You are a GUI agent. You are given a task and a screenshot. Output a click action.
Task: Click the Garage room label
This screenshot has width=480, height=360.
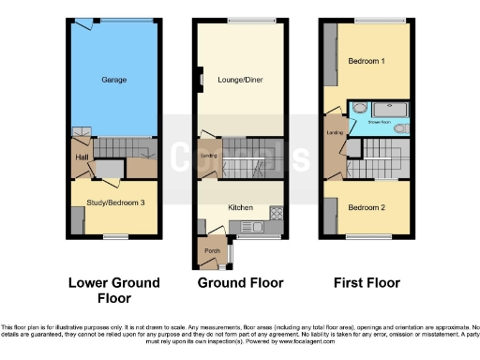point(114,81)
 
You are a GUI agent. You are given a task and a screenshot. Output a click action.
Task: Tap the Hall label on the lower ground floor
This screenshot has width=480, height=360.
point(82,157)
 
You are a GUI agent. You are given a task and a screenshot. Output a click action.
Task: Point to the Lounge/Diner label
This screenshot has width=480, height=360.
point(240,81)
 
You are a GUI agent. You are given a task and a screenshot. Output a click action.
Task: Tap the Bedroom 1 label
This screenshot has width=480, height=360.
point(367,61)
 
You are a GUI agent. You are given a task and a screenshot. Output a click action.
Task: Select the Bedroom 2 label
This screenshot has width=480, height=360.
point(367,207)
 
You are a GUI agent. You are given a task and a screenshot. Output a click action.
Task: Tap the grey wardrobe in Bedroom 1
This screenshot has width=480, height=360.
point(329,56)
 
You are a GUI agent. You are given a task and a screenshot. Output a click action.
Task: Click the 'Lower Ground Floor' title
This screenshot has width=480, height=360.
point(114,290)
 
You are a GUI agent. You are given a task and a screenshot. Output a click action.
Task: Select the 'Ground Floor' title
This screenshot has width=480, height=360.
point(240,282)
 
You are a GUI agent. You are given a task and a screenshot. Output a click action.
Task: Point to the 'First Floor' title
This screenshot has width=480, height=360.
point(367,282)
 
